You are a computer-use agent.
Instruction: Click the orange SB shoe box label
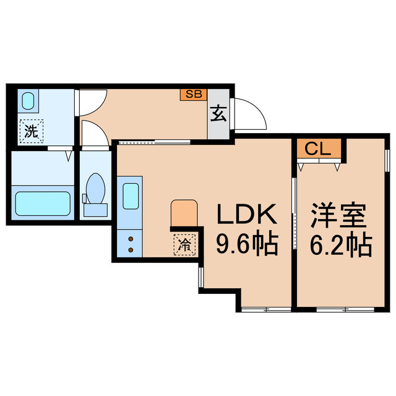[x=192, y=95]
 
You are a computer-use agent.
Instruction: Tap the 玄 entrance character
[x=218, y=114]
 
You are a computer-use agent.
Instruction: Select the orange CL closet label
[x=318, y=149]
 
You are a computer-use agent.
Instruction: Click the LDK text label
[x=245, y=216]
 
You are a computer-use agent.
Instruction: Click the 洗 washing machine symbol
[x=29, y=131]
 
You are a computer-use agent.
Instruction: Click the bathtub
[x=42, y=202]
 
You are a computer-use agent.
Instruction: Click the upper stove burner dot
[x=132, y=237]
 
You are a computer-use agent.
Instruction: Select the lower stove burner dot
[x=132, y=249]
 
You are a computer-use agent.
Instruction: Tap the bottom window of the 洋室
[x=340, y=308]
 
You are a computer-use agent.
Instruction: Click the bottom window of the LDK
[x=266, y=308]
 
